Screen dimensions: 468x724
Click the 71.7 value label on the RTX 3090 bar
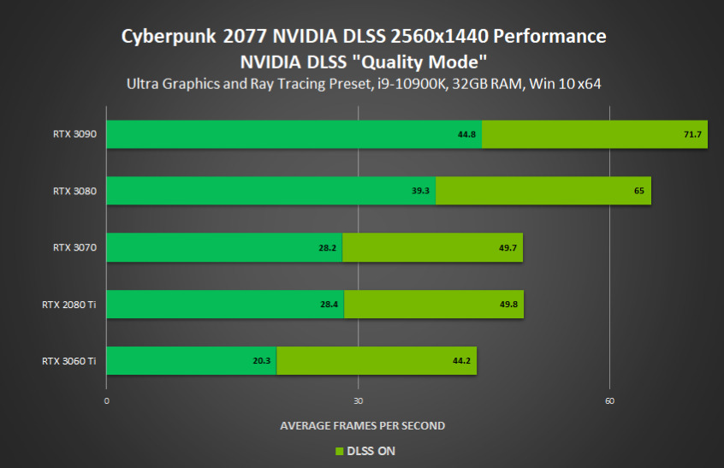692,135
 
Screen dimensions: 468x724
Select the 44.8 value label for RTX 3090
467,135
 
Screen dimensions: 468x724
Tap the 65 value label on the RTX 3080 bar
639,192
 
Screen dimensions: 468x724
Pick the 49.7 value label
508,248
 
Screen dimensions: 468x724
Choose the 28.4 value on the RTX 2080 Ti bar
329,305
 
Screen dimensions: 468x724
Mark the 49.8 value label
509,305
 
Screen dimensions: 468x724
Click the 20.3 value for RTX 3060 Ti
262,361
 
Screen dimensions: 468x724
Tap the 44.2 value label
462,361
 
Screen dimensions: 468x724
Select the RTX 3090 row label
74,134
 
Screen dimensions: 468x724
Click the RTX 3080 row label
74,191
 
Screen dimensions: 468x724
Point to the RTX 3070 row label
74,247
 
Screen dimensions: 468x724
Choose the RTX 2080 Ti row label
68,304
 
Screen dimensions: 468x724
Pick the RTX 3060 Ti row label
68,360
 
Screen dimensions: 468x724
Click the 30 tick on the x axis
358,400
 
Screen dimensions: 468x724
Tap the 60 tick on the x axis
609,400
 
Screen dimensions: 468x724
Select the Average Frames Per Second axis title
362,425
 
